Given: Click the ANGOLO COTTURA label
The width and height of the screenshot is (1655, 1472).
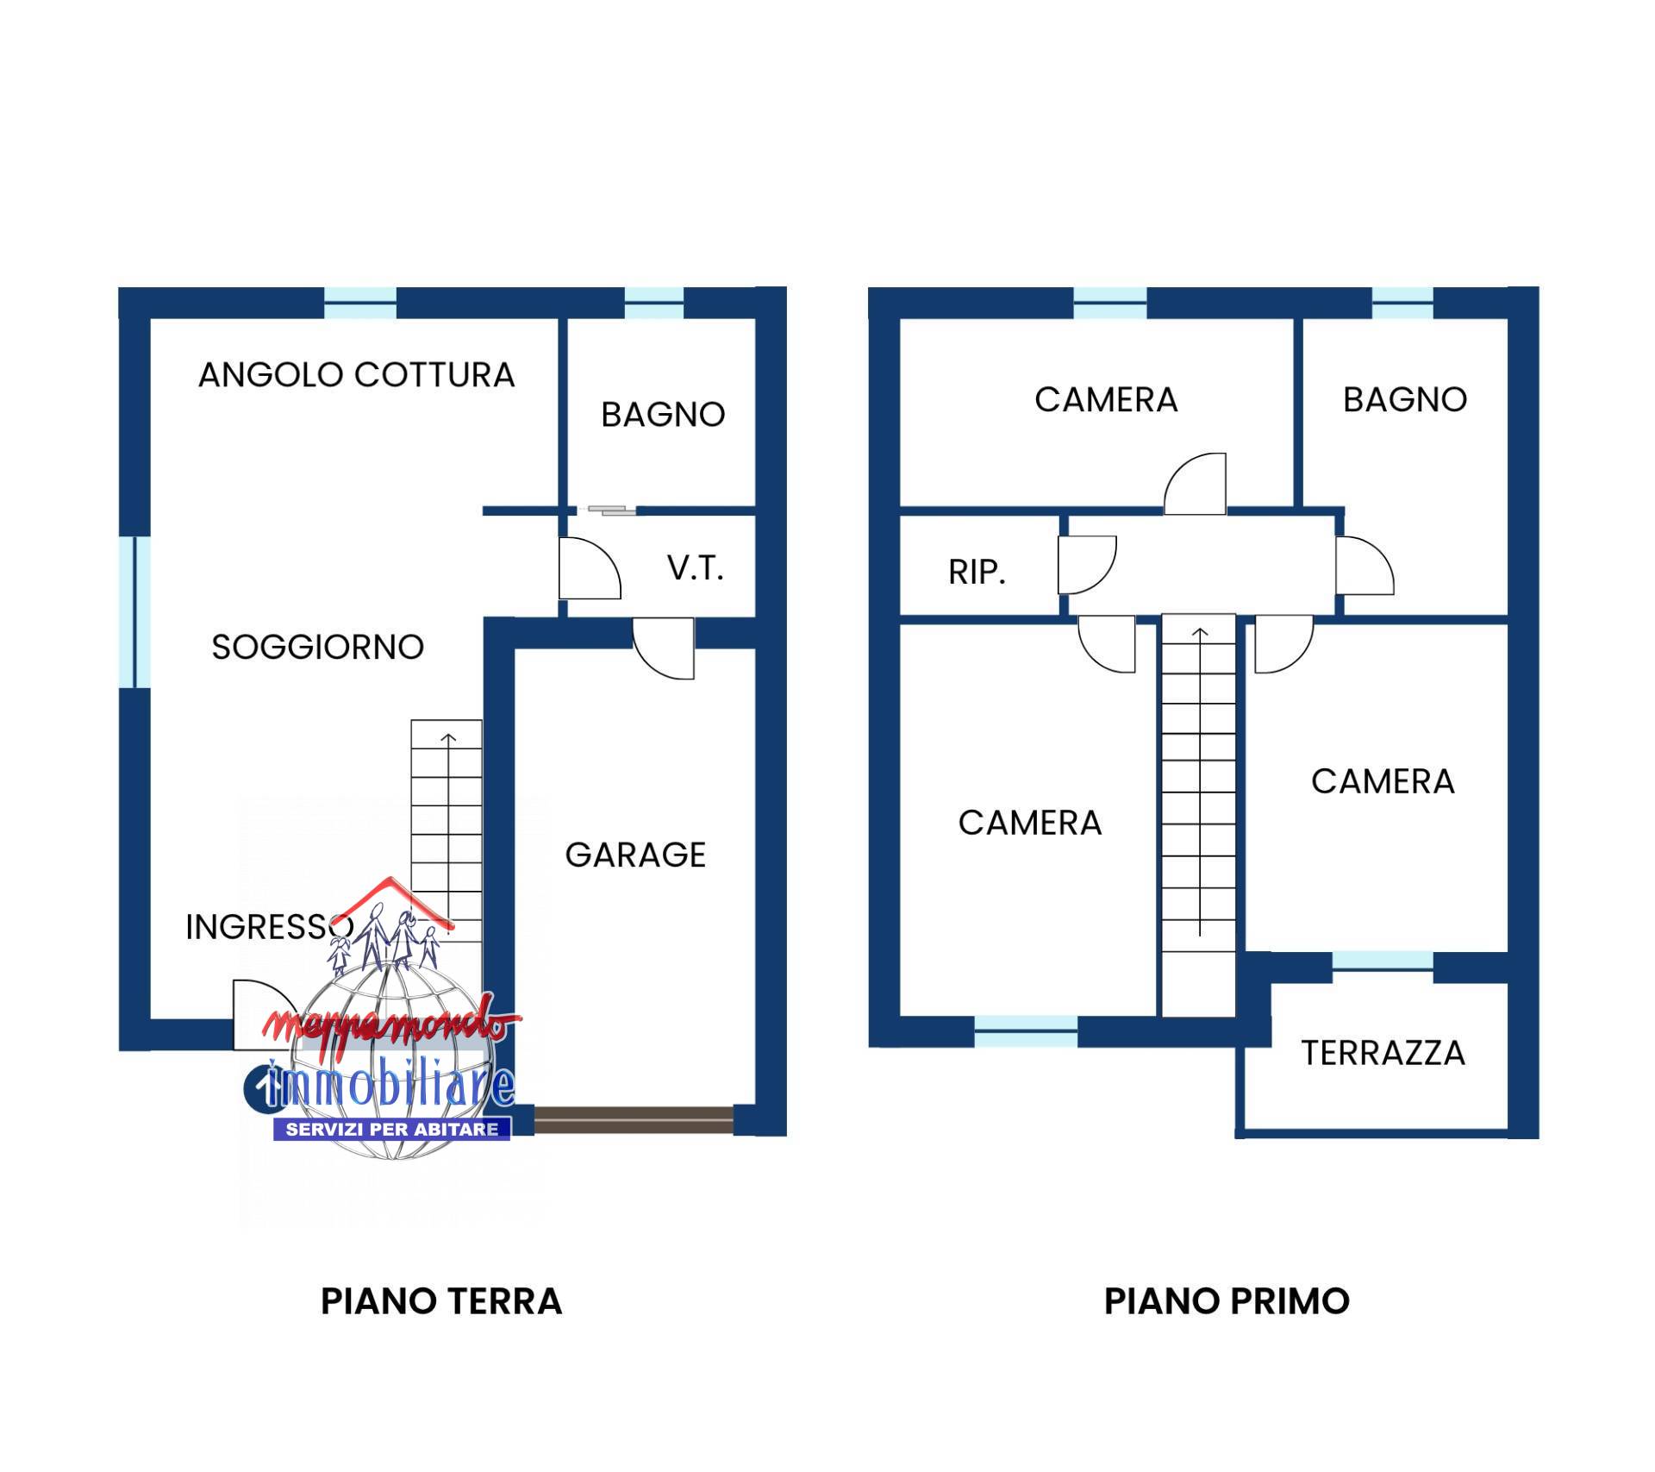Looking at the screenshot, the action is tap(356, 375).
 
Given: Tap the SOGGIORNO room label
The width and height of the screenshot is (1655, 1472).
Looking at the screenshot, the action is tap(318, 647).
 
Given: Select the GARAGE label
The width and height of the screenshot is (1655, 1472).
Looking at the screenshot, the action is tap(635, 855).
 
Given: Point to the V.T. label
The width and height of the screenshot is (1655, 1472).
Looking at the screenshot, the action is tap(695, 568).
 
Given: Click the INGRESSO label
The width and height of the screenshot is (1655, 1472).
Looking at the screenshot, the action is tap(269, 927).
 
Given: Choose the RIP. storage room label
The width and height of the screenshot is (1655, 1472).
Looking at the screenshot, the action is tap(977, 572).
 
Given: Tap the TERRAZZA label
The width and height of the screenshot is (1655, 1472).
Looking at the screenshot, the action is tap(1383, 1053).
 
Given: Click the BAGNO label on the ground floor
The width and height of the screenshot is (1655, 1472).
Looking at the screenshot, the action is tap(663, 415).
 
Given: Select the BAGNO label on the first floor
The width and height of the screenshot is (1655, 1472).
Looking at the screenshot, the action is tap(1405, 399).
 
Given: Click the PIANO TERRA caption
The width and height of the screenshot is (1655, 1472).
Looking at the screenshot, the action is tap(441, 1301).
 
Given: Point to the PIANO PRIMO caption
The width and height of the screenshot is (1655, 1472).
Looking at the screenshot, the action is tap(1227, 1301).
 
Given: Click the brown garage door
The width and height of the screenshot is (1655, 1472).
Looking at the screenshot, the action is tap(634, 1119).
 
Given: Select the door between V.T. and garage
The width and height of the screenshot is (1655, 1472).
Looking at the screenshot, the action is tap(664, 648).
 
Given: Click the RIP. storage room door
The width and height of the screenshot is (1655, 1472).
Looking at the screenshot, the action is tap(1087, 565).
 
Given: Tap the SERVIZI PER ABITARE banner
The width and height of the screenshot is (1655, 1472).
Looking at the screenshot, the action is tap(392, 1129).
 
